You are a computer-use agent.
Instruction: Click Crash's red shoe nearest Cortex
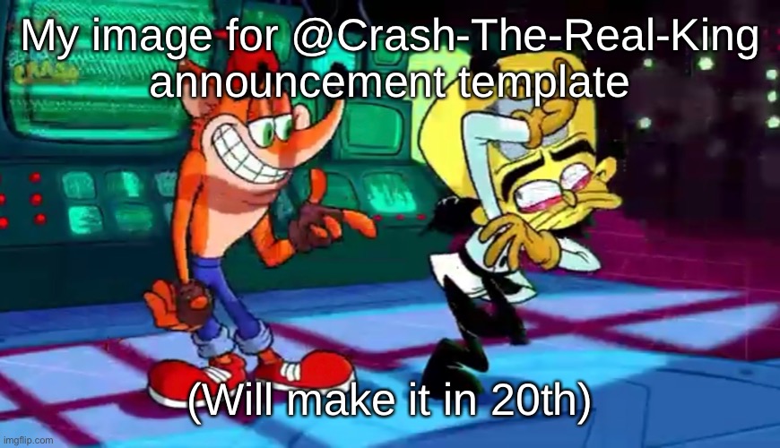click(309, 372)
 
